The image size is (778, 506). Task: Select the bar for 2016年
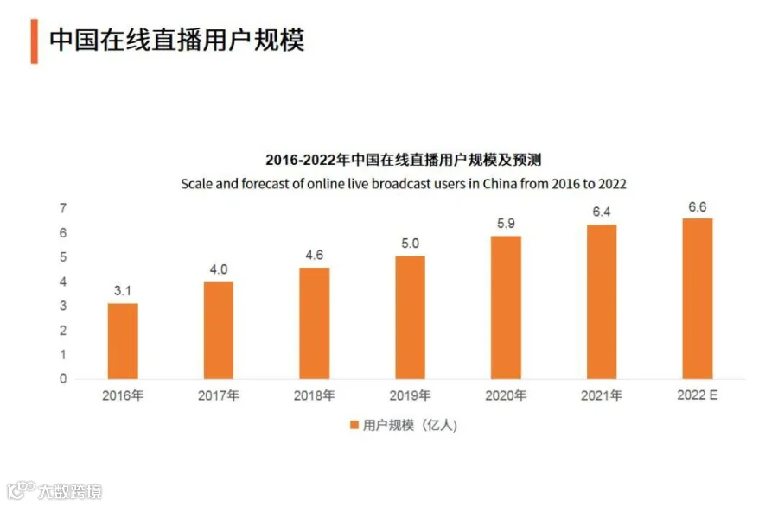coord(123,341)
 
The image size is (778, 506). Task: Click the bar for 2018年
coord(314,323)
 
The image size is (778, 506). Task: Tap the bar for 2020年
coord(506,307)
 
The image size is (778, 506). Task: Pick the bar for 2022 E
coord(697,299)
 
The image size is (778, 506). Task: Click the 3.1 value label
coord(123,291)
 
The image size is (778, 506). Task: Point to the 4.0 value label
coord(219,269)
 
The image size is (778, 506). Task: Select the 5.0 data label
coord(410,244)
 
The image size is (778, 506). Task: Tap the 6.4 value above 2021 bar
coord(602,212)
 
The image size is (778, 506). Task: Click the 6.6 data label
coord(697,207)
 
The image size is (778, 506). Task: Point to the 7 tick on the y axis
coord(63,208)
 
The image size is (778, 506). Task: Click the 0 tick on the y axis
coord(63,378)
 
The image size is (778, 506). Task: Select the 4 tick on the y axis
coord(63,281)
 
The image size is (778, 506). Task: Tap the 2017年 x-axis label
coord(219,395)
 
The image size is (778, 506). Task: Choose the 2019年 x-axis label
coord(410,395)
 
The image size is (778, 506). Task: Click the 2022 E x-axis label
coord(697,395)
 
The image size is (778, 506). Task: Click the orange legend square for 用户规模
coord(354,425)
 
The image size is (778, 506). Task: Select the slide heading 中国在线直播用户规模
coord(176,40)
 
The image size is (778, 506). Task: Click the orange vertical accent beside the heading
coord(35,41)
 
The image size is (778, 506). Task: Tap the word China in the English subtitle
coord(500,184)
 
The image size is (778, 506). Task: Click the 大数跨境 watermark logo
coord(54,490)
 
